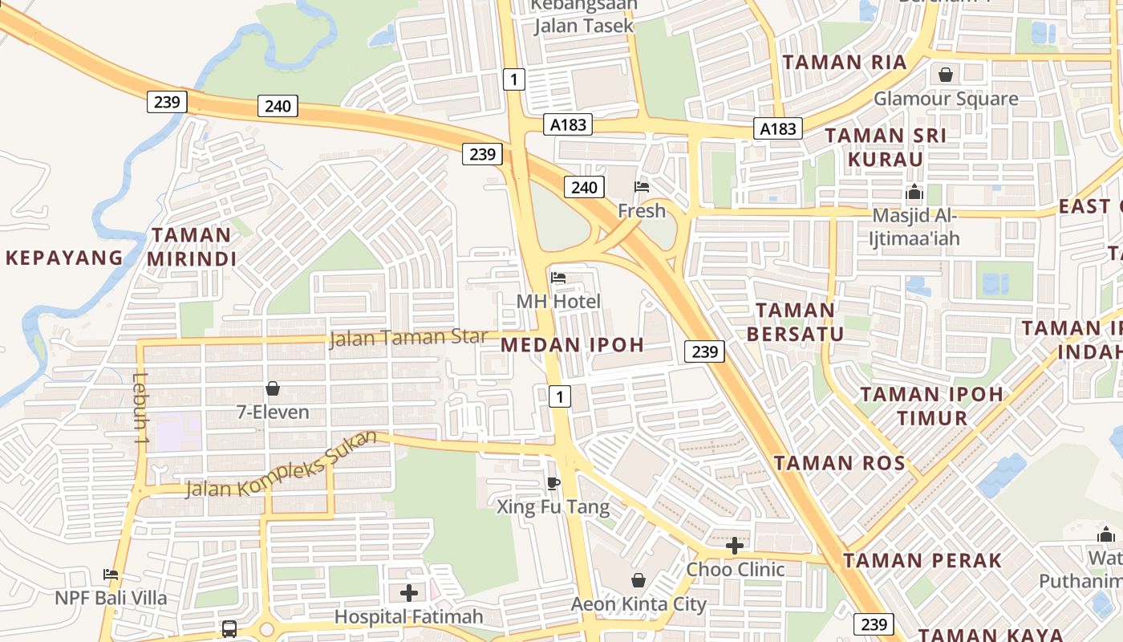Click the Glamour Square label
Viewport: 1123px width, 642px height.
tap(946, 99)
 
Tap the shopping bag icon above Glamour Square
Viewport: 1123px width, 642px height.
tap(947, 75)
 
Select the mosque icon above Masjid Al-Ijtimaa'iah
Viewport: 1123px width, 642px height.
tap(914, 193)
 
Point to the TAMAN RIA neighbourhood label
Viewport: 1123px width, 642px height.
tap(845, 63)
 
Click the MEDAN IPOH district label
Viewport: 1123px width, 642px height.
tap(573, 345)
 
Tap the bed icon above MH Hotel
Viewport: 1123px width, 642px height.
tap(558, 278)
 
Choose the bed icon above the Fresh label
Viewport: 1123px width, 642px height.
tap(642, 187)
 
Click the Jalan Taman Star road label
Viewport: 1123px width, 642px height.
tap(408, 337)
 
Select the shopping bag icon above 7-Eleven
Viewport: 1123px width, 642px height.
tap(273, 388)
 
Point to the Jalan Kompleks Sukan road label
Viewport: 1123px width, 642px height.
tap(281, 465)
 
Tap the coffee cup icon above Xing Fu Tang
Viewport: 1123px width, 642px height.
tap(553, 482)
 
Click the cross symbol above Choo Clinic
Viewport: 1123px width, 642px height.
tap(735, 546)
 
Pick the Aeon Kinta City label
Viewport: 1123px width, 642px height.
tap(639, 603)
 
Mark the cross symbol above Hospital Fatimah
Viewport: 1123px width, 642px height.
tap(409, 593)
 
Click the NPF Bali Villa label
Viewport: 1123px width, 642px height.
tap(111, 598)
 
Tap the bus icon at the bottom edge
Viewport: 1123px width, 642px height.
tap(229, 628)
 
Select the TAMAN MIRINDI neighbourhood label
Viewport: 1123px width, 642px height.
tap(191, 247)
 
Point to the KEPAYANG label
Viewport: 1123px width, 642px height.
tap(64, 258)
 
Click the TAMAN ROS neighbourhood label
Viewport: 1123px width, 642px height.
tap(840, 463)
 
